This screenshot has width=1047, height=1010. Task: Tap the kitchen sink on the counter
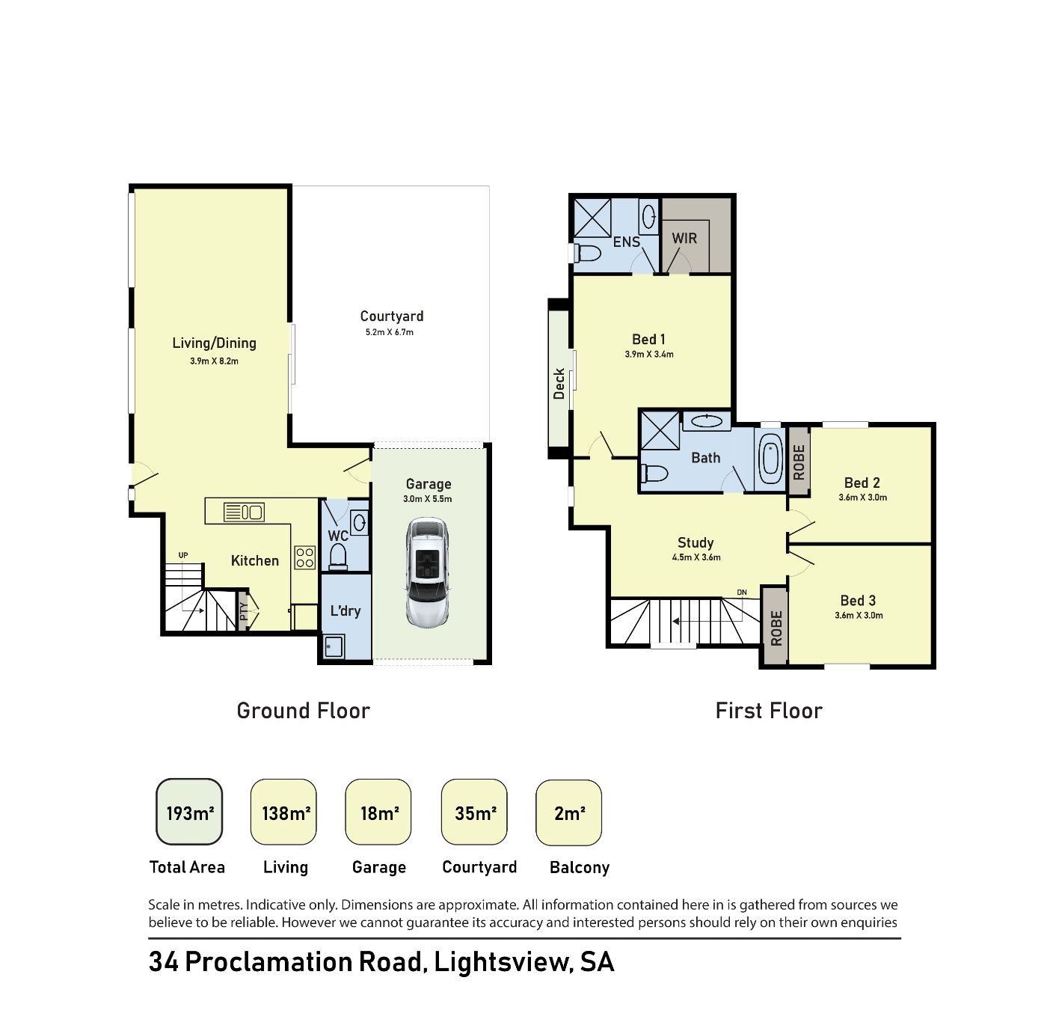pyautogui.click(x=243, y=512)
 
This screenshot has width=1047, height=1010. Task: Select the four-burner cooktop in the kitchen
pyautogui.click(x=304, y=558)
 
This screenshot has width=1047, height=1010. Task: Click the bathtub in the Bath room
pyautogui.click(x=770, y=460)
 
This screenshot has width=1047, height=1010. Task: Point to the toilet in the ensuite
pyautogui.click(x=587, y=253)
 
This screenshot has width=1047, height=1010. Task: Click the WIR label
pyautogui.click(x=684, y=238)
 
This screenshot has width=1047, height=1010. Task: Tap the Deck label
pyautogui.click(x=559, y=384)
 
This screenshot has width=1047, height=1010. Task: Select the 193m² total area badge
pyautogui.click(x=189, y=812)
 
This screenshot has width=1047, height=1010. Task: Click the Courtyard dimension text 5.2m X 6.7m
pyautogui.click(x=390, y=332)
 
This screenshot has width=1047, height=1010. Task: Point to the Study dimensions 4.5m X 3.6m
pyautogui.click(x=696, y=557)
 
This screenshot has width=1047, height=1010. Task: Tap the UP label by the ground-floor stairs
pyautogui.click(x=183, y=555)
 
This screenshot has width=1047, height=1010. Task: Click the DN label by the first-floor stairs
pyautogui.click(x=742, y=593)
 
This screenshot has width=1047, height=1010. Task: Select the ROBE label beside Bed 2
pyautogui.click(x=799, y=462)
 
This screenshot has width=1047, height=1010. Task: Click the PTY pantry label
pyautogui.click(x=244, y=611)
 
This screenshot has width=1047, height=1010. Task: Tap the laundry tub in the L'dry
pyautogui.click(x=334, y=646)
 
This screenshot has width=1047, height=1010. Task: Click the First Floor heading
pyautogui.click(x=769, y=711)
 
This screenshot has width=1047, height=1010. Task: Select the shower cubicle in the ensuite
pyautogui.click(x=592, y=218)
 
